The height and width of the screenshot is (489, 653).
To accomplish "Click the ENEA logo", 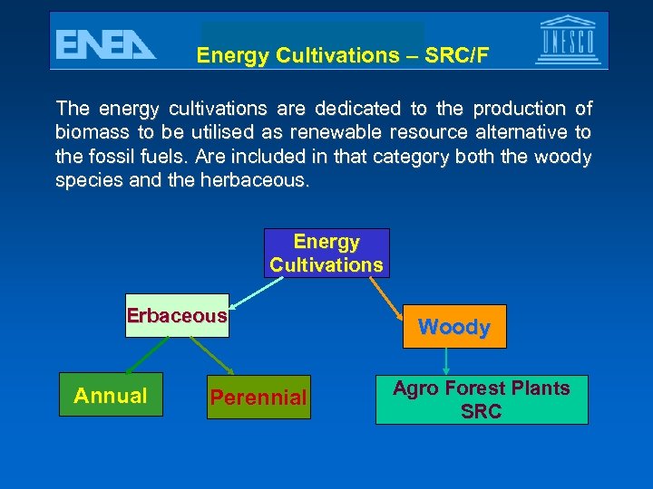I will pyautogui.click(x=105, y=44).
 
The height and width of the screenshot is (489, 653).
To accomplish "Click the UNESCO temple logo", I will pyautogui.click(x=568, y=40).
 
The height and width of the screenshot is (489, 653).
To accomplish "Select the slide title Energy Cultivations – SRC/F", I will pyautogui.click(x=343, y=56).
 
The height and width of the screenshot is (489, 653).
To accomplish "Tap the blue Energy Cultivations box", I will pyautogui.click(x=326, y=254).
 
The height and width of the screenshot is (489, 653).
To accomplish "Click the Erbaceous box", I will pyautogui.click(x=177, y=316).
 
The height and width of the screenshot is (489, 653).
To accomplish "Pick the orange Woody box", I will pyautogui.click(x=454, y=327).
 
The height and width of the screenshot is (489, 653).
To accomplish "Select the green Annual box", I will pyautogui.click(x=111, y=395).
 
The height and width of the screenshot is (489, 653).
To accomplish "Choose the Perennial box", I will pyautogui.click(x=258, y=397).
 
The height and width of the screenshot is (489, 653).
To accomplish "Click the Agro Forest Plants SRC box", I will pyautogui.click(x=482, y=399).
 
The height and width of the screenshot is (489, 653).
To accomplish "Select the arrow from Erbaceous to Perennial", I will pyautogui.click(x=211, y=356).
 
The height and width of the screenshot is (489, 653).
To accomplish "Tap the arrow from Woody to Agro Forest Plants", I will pyautogui.click(x=446, y=362).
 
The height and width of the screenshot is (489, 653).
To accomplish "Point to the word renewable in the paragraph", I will pyautogui.click(x=351, y=133).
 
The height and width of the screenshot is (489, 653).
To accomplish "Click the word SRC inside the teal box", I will pyautogui.click(x=482, y=411).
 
